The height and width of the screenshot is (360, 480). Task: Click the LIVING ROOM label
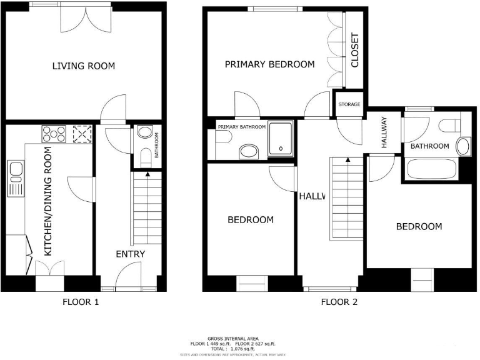(83, 66)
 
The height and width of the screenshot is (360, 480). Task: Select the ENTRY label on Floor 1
(130, 254)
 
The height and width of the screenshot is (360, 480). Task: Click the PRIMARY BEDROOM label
(269, 64)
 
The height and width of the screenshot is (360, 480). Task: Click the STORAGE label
(349, 104)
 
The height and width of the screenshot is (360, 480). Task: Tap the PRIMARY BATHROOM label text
(241, 127)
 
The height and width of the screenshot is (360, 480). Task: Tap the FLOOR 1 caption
(81, 302)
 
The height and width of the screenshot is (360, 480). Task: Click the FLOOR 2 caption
(339, 302)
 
